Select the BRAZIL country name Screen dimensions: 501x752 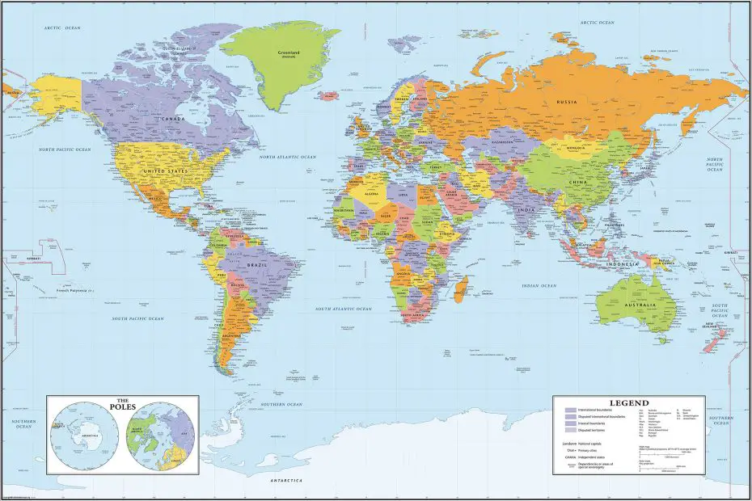pyautogui.click(x=259, y=265)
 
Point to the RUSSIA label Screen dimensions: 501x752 pyautogui.click(x=566, y=102)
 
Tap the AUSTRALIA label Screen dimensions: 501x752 pyautogui.click(x=638, y=305)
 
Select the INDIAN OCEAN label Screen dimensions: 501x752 pyautogui.click(x=541, y=286)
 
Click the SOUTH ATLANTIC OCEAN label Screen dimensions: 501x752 pyautogui.click(x=344, y=309)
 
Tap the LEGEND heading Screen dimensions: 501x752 pyautogui.click(x=628, y=402)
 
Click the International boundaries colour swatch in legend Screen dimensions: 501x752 pyautogui.click(x=570, y=410)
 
